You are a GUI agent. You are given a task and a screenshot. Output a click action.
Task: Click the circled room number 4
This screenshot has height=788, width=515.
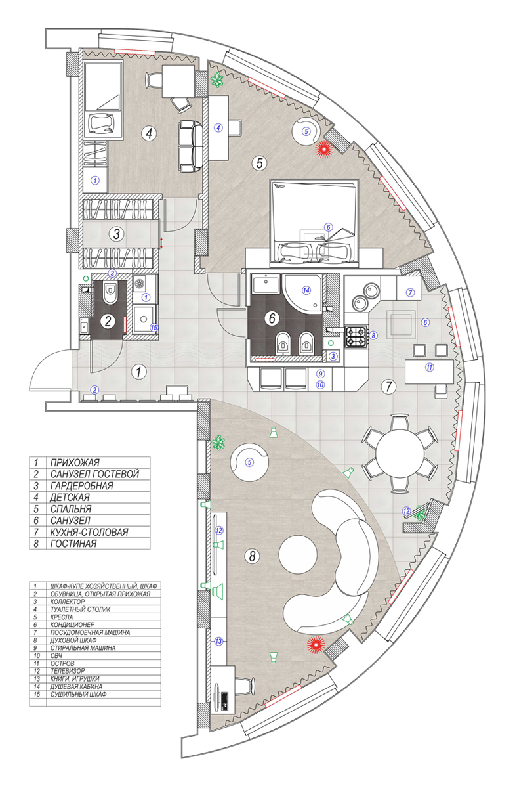(150, 133)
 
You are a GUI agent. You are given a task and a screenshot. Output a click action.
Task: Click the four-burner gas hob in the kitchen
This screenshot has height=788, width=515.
(359, 336)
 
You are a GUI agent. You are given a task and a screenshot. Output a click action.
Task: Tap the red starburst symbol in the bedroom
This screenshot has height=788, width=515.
(323, 150)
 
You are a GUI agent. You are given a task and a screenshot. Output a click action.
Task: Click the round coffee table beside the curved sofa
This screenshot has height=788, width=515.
(301, 556)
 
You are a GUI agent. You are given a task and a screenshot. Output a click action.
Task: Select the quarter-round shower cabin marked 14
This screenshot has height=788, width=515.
(303, 291)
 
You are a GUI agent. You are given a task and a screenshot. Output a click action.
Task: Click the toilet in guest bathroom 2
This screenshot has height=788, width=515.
(110, 293)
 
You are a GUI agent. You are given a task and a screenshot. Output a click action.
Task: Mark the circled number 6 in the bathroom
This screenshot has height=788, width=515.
(270, 318)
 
